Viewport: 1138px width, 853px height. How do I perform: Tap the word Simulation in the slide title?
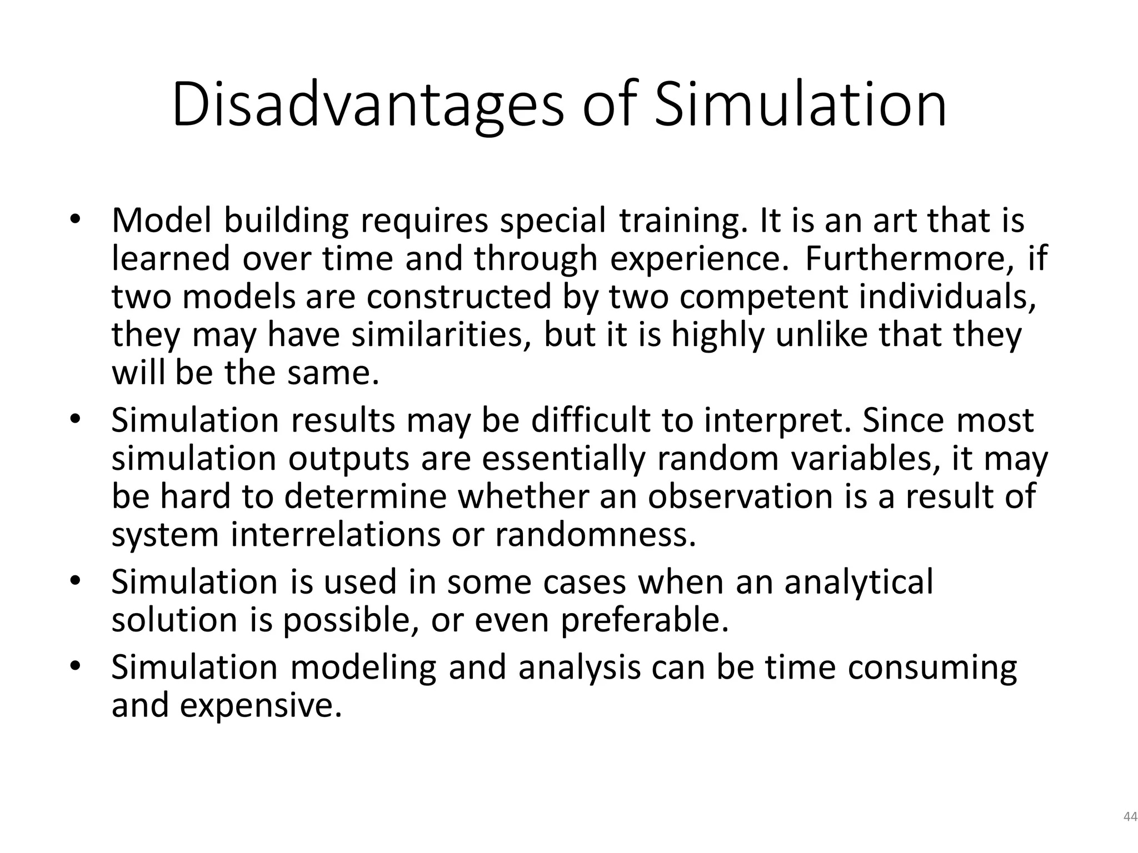pos(800,106)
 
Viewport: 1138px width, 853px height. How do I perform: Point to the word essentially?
pos(564,459)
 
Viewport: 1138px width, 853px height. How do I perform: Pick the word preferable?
pos(645,621)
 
